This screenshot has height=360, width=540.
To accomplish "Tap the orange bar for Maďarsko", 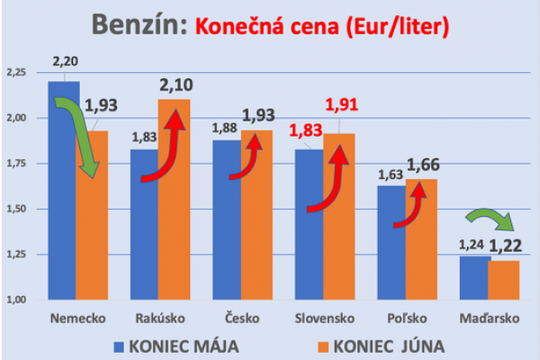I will (x=504, y=280).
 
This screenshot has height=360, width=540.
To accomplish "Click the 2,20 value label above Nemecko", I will (x=65, y=61).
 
